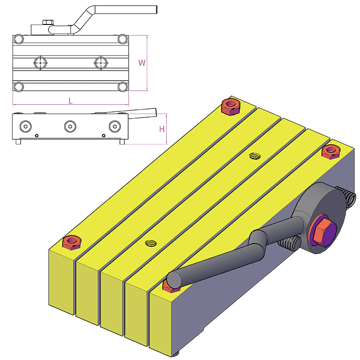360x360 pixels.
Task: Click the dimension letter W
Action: pyautogui.click(x=142, y=63)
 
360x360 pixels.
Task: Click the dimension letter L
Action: pyautogui.click(x=70, y=101)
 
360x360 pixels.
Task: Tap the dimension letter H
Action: pyautogui.click(x=162, y=129)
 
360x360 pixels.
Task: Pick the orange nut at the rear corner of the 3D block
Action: pyautogui.click(x=231, y=106)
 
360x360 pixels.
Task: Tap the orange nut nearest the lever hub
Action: pyautogui.click(x=330, y=152)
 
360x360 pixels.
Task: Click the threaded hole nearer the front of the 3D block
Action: pyautogui.click(x=152, y=243)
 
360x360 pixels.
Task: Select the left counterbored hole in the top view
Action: pyautogui.click(x=40, y=62)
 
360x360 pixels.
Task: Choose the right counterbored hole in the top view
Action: pyautogui.click(x=100, y=62)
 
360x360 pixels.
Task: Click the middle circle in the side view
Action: pyautogui.click(x=70, y=126)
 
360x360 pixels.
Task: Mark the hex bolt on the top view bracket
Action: pyautogui.click(x=47, y=22)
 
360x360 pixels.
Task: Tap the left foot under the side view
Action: pyautogui.click(x=18, y=142)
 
